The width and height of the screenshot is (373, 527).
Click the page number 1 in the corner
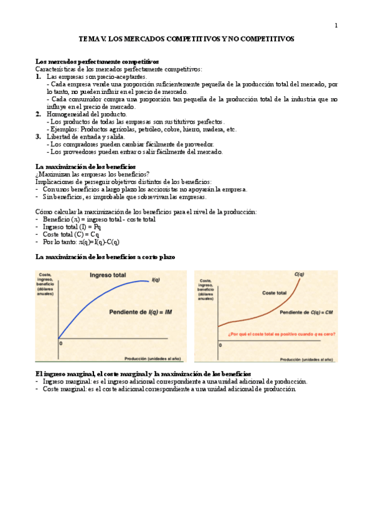coord(336,25)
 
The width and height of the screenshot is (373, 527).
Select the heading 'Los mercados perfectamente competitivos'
coord(97,62)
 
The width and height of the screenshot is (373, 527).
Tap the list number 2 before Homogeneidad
coord(39,114)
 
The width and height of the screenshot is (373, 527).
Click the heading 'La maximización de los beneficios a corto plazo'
coord(105,257)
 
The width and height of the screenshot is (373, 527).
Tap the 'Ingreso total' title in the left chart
coord(108,275)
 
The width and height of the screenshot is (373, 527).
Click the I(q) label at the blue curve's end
coord(157,281)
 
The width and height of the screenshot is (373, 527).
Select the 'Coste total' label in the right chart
coord(274,292)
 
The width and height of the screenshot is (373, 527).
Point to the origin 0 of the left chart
coord(60,343)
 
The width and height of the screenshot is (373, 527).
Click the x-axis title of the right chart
coord(306,359)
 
